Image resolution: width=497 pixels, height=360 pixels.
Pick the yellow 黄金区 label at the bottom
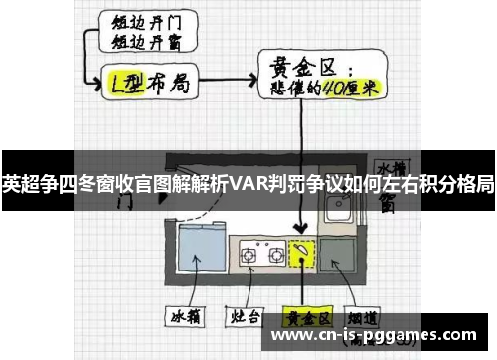pyautogui.click(x=304, y=319)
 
